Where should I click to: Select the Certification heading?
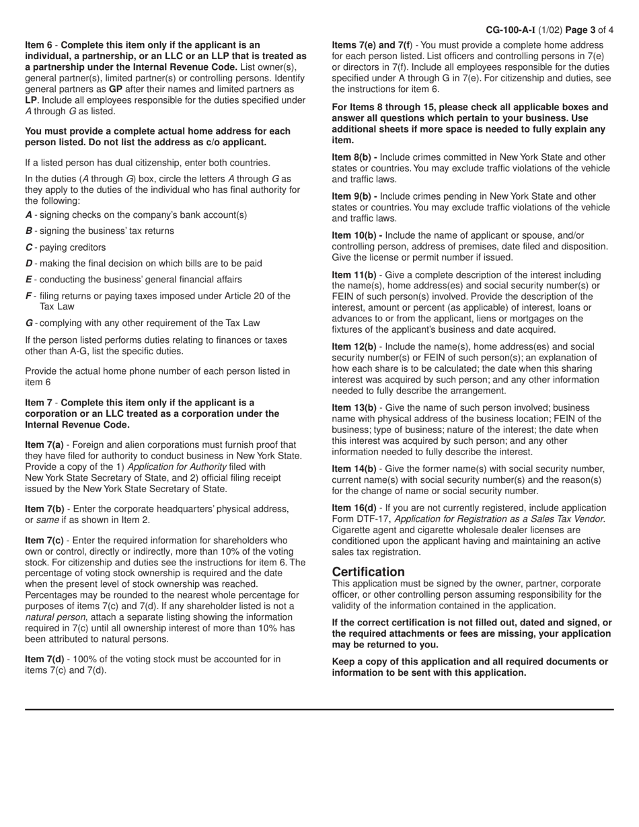(369, 572)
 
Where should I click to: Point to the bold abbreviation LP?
(31, 100)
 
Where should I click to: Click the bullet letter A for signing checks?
(29, 215)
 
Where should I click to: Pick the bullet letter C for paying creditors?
(29, 247)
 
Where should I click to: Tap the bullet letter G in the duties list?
(29, 323)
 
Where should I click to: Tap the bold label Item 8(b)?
(354, 157)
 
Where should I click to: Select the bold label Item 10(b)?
(357, 235)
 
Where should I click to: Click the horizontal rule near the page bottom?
(319, 709)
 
